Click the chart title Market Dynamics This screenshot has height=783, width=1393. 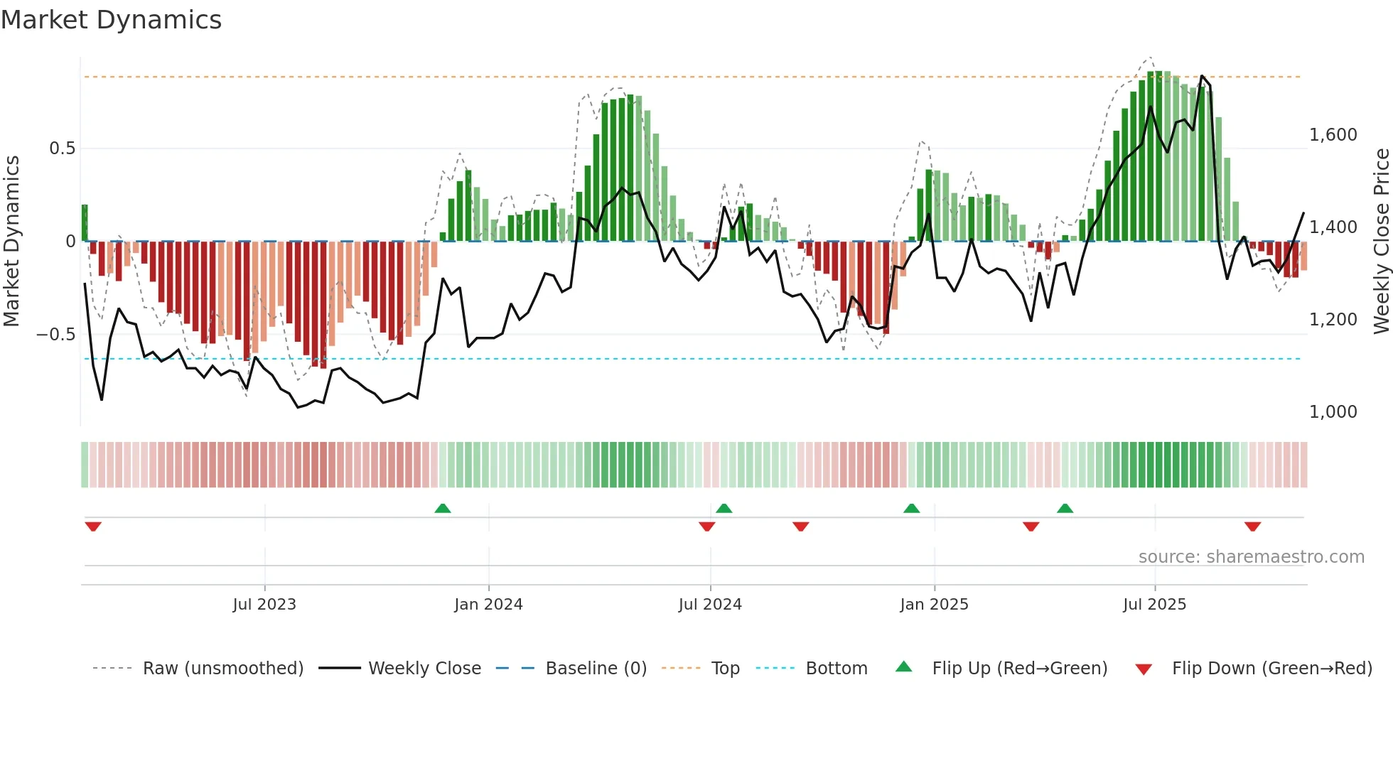point(111,20)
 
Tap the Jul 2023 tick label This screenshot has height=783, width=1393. point(264,605)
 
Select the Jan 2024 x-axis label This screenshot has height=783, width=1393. point(488,605)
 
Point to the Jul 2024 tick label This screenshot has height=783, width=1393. point(710,605)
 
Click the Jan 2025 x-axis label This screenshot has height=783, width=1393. point(934,605)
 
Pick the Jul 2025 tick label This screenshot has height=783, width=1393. point(1155,605)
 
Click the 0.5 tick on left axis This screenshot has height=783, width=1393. point(62,148)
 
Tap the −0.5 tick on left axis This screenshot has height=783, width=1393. point(55,334)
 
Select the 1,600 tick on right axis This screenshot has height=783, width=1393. point(1333,135)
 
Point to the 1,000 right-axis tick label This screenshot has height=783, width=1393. point(1333,412)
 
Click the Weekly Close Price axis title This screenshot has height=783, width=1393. point(1381,241)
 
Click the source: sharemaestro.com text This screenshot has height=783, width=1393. point(1251,557)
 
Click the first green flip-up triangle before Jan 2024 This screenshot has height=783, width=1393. point(443,508)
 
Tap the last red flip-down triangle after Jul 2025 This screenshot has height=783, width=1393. point(1252,526)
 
